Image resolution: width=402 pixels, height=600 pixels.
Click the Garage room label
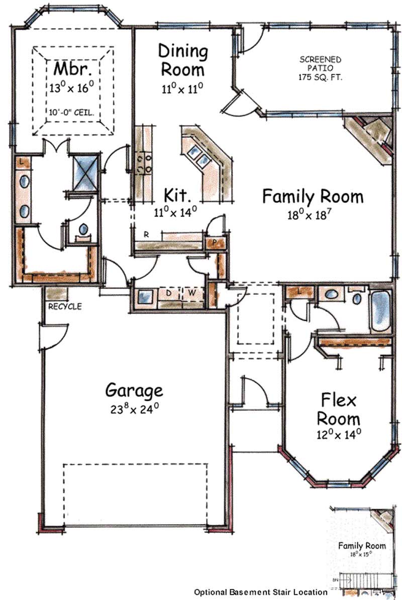[x=134, y=390]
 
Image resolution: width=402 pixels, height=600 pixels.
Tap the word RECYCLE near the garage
[x=65, y=306]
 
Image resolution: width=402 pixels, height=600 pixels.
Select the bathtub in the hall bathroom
[x=380, y=310]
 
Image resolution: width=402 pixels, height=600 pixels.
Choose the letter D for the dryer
[x=169, y=292]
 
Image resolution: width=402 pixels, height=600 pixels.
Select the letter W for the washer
[x=191, y=292]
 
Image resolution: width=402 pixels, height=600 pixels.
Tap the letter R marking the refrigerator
[x=146, y=234]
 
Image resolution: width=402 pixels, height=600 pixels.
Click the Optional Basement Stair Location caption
[x=260, y=592]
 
